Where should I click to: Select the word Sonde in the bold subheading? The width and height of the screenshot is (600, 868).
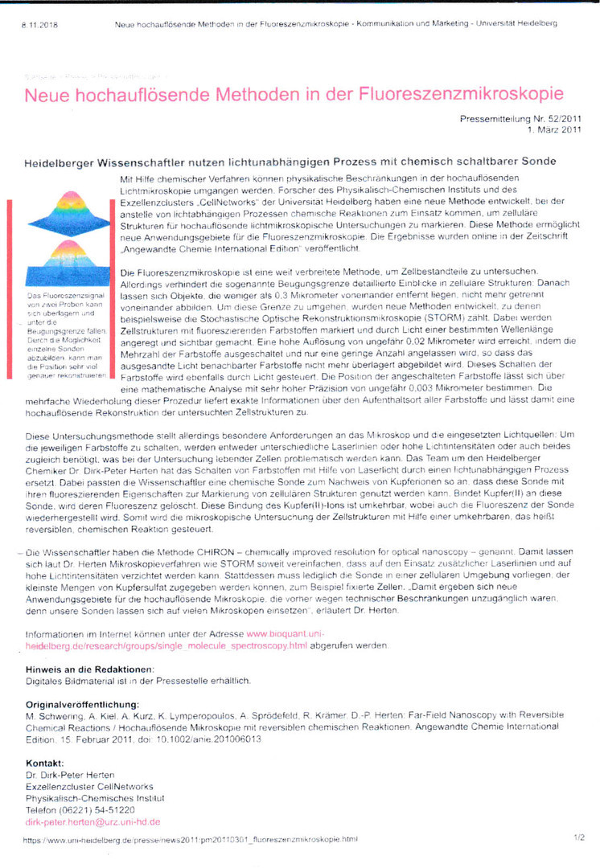pyautogui.click(x=538, y=162)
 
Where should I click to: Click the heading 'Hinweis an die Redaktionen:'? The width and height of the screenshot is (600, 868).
pyautogui.click(x=89, y=669)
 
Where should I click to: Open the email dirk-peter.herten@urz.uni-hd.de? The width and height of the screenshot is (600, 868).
pyautogui.click(x=92, y=821)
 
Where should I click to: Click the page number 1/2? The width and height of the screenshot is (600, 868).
pyautogui.click(x=579, y=838)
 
